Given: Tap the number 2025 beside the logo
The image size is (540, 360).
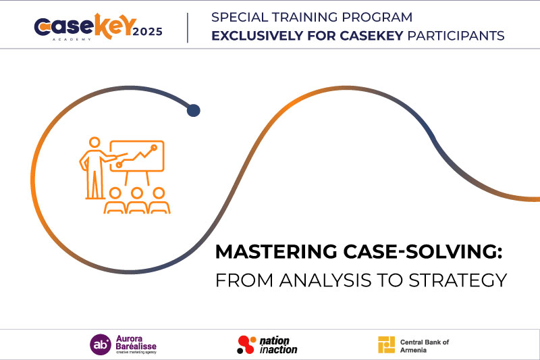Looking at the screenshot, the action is pos(147,32).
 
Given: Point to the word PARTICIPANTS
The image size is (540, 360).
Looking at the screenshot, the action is pos(456,36).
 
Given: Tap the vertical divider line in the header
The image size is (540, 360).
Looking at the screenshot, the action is pos(188,28).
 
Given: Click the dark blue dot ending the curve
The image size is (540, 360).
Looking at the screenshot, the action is pos(194,110).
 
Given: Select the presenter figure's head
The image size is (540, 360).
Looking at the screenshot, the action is pos(94,142).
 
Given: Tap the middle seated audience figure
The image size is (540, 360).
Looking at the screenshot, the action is pos(137,201).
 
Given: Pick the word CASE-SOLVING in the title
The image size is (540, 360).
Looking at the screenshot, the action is pos(423,251).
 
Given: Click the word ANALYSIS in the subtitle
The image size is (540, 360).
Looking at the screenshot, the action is pos(325,280).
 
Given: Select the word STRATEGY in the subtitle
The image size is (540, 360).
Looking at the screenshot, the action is pos(458,280).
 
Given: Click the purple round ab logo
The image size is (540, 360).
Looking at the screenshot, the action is pos(101,344).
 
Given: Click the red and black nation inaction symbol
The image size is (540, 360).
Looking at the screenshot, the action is pos(246,344).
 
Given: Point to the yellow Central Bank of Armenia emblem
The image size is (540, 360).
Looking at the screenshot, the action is pos(386,344).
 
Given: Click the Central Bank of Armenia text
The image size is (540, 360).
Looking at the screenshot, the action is pos(425,346).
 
